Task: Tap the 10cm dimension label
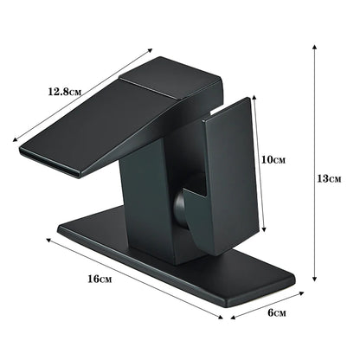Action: tap(275, 160)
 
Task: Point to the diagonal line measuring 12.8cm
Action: tap(82, 97)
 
